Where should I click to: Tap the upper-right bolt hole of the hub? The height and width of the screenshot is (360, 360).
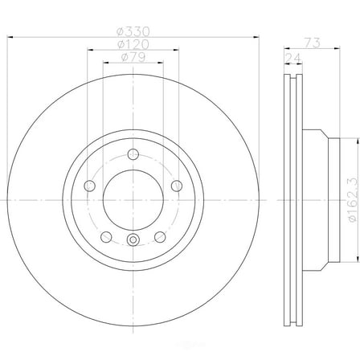tap(175, 186)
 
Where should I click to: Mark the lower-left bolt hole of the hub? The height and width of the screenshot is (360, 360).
tap(104, 235)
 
